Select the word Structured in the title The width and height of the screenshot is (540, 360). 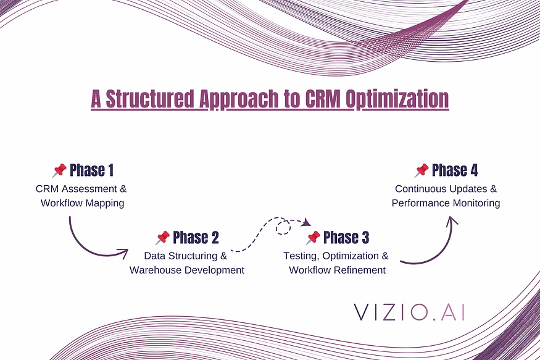click(x=150, y=99)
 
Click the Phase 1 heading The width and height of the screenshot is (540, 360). click(x=91, y=170)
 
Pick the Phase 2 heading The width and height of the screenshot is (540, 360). click(x=196, y=237)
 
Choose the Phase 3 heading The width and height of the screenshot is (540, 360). click(x=346, y=237)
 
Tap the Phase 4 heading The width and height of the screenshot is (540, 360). click(x=455, y=170)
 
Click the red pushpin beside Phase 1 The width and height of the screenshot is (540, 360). click(x=59, y=170)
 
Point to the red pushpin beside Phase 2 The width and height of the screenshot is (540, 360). click(x=162, y=238)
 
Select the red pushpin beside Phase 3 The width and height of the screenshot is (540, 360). click(x=313, y=238)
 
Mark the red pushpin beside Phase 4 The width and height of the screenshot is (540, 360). click(x=421, y=170)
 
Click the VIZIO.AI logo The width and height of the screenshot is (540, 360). click(x=409, y=312)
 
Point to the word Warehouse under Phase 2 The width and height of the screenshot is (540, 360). click(x=155, y=270)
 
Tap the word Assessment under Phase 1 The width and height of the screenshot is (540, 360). click(x=89, y=189)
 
